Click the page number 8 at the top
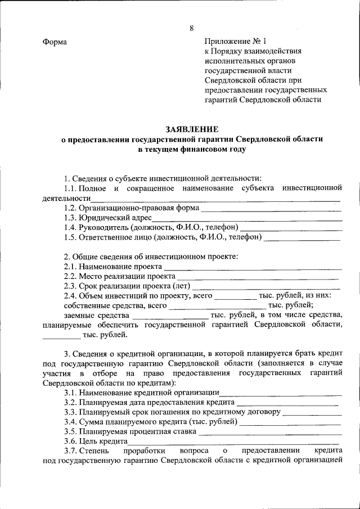(191, 29)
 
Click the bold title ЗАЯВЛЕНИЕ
(192, 129)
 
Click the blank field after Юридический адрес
(247, 219)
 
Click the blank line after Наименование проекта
(252, 268)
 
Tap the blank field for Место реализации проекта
(258, 278)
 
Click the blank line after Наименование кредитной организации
(280, 394)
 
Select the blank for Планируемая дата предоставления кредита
(287, 404)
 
